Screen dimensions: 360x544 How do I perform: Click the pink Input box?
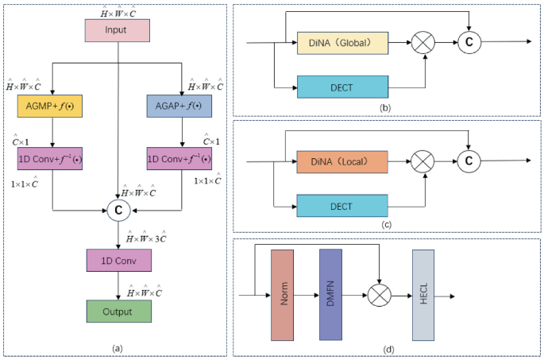117,30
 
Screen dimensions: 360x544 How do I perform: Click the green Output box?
117,311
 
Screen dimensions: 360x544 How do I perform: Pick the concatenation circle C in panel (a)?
118,211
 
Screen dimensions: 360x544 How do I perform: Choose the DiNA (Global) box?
344,43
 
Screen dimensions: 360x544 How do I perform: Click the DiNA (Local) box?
344,161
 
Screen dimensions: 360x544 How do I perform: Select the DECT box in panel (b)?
344,87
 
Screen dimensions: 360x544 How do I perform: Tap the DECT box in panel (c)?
344,205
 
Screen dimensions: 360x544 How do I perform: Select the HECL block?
423,294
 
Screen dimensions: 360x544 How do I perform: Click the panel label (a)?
118,347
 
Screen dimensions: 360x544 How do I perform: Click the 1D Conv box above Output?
117,259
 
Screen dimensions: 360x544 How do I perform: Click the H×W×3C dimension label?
146,236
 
